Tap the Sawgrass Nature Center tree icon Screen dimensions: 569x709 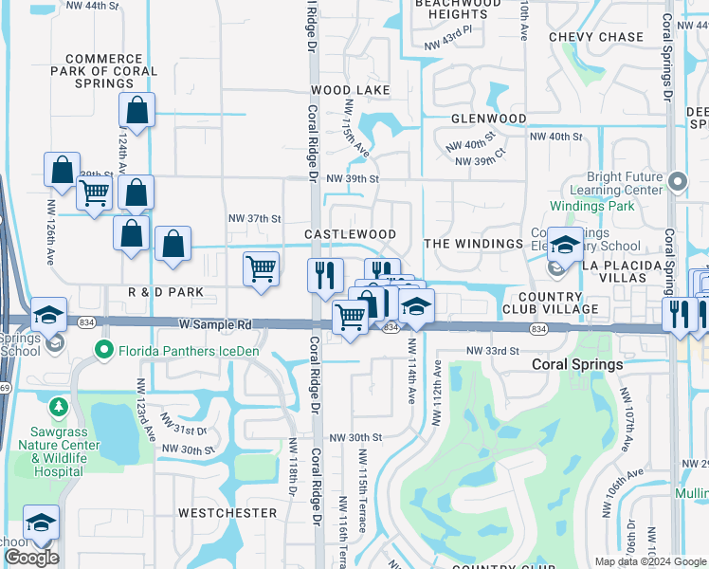click(58, 408)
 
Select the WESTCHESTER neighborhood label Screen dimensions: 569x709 click(227, 513)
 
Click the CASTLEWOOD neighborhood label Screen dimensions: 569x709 click(350, 234)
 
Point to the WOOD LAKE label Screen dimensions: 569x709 click(351, 90)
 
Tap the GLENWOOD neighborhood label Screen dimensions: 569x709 click(488, 119)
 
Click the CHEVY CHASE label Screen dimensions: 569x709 click(596, 37)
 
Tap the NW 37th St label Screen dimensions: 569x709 click(255, 218)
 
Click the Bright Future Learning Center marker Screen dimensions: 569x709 click(677, 180)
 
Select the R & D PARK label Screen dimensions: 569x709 click(166, 293)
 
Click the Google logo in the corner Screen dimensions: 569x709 click(31, 558)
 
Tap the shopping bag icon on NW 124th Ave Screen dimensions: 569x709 click(137, 110)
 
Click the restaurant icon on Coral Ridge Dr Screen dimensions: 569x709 click(325, 275)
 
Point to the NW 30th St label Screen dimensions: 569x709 click(354, 437)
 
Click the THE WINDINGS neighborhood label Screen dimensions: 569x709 click(473, 244)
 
